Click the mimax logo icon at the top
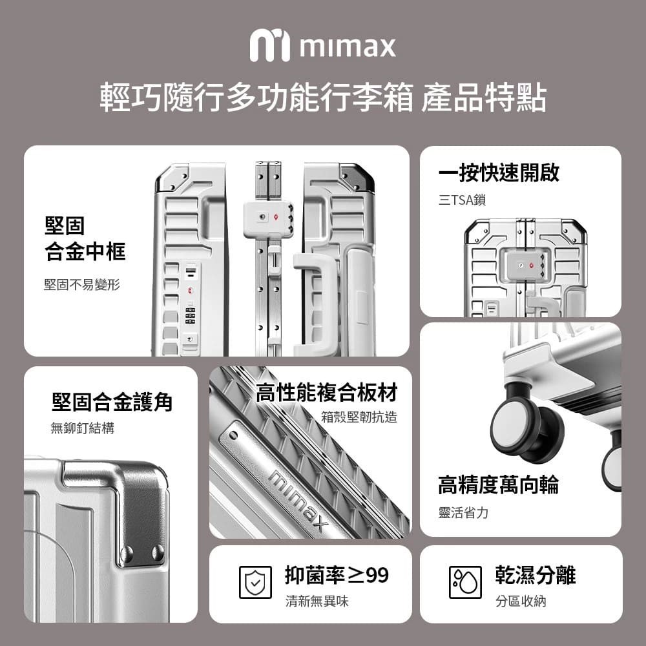270,45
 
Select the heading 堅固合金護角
112,402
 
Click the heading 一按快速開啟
499,172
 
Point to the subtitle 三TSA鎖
463,200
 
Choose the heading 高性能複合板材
326,392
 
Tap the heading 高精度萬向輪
499,484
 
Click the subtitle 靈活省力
463,513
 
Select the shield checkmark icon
255,582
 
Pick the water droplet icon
465,582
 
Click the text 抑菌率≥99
337,575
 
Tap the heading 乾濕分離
535,575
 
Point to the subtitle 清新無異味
317,601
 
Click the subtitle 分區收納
521,601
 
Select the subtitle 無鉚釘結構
83,428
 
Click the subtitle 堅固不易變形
82,285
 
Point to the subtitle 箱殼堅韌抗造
359,417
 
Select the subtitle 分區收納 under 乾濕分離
521,601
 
